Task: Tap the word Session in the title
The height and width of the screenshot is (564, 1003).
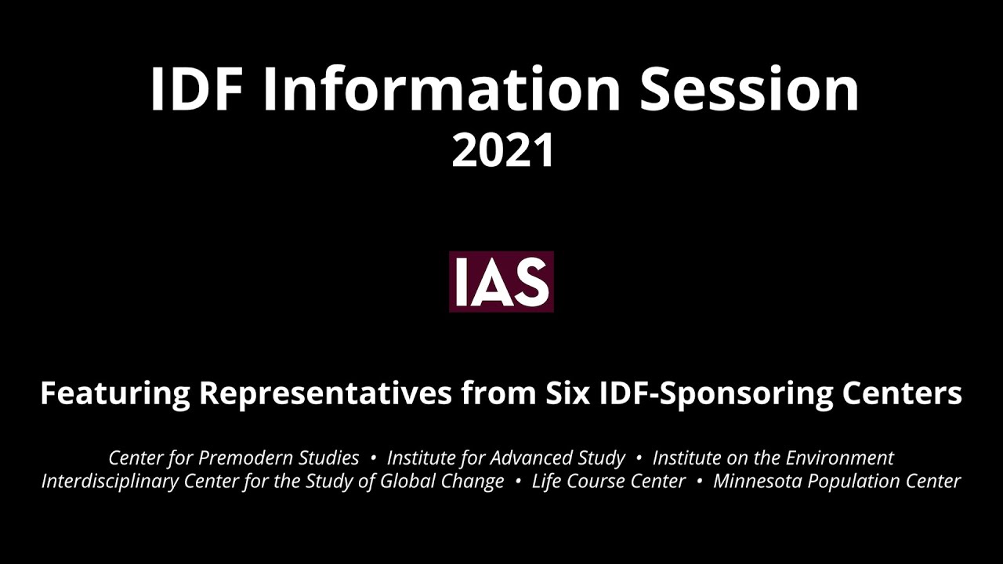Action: pyautogui.click(x=749, y=89)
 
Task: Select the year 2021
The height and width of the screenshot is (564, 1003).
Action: pyautogui.click(x=502, y=150)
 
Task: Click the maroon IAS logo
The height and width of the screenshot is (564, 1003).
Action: pyautogui.click(x=501, y=282)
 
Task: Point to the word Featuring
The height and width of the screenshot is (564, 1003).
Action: pyautogui.click(x=114, y=392)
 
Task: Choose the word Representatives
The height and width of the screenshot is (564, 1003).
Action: pyautogui.click(x=325, y=392)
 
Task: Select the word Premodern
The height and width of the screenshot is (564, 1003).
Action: pyautogui.click(x=251, y=457)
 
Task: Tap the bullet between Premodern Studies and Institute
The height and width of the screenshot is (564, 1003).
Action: pyautogui.click(x=373, y=457)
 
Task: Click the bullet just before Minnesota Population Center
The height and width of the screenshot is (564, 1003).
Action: pyautogui.click(x=699, y=481)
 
